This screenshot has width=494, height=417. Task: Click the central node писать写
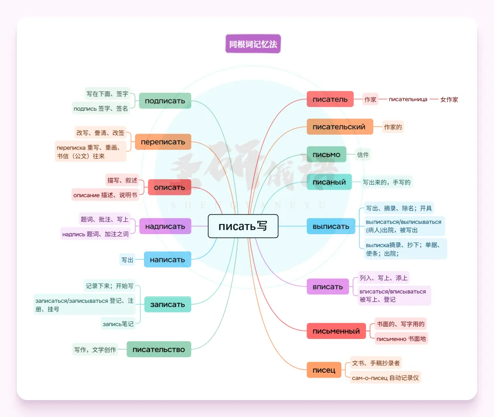[x=243, y=226]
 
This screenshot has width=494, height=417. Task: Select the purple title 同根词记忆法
[x=253, y=44]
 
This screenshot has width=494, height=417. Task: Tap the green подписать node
[x=165, y=101]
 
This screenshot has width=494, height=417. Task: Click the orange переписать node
[x=163, y=142]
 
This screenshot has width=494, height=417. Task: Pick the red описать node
[x=169, y=187]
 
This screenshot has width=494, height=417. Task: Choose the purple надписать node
[x=165, y=226]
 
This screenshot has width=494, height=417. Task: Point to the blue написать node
[x=167, y=260]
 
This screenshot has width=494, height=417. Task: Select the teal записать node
[x=167, y=305]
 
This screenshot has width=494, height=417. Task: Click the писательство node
[x=159, y=350]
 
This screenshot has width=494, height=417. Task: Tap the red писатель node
[x=330, y=99]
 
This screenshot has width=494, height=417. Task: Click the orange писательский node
[x=339, y=127]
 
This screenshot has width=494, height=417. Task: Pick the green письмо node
[x=326, y=155]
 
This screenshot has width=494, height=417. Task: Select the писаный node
[x=329, y=182]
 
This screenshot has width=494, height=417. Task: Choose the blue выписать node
[x=331, y=226]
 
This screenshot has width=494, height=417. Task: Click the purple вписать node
[x=328, y=287]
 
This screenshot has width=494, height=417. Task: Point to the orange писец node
[x=324, y=370]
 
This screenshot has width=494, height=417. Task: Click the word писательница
[x=408, y=99]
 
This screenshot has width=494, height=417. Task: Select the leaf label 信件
[x=363, y=155]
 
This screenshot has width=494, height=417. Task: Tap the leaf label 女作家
[x=449, y=99]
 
